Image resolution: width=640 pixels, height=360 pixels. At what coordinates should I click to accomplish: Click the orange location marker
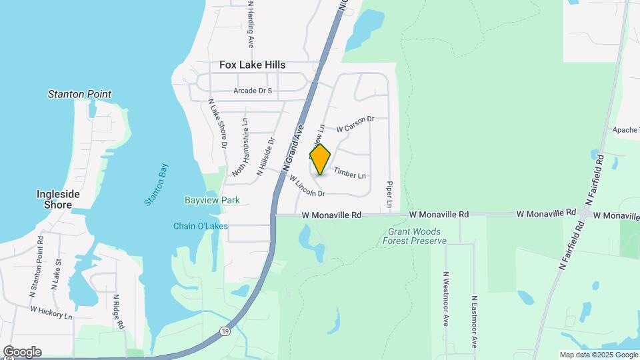(320, 159)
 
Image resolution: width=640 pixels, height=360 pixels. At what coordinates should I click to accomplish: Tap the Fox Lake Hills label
(253, 65)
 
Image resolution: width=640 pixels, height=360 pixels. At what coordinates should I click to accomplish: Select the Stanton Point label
(79, 94)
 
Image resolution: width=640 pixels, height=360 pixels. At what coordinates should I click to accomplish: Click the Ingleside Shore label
(58, 199)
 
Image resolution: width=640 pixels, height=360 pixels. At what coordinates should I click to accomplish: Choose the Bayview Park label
(212, 200)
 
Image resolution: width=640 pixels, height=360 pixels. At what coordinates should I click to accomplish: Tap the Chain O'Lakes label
(201, 226)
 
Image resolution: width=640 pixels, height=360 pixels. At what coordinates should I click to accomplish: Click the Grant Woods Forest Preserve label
(414, 236)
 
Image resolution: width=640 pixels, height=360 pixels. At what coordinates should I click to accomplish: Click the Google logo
(22, 352)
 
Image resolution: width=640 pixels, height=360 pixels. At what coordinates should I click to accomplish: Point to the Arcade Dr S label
(253, 91)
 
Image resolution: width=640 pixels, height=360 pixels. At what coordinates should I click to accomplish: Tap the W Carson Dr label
(355, 124)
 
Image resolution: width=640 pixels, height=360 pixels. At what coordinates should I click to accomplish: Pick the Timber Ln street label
(350, 173)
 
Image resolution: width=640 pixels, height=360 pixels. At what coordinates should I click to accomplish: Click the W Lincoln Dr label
(306, 189)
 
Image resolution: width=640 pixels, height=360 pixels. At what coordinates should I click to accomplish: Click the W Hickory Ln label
(51, 312)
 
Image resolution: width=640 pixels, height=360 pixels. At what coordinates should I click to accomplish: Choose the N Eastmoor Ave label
(475, 323)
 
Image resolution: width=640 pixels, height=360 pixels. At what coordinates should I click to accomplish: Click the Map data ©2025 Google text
(598, 355)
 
